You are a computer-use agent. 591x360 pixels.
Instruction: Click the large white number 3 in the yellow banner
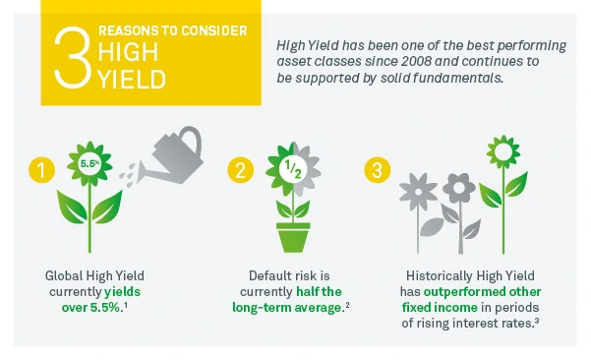tap(73, 58)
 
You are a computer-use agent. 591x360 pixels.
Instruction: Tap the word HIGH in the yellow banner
tap(128, 52)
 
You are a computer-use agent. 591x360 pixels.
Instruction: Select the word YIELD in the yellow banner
tap(132, 79)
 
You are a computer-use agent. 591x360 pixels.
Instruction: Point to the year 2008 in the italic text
tap(415, 61)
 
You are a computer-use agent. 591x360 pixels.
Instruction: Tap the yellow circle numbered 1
tap(42, 169)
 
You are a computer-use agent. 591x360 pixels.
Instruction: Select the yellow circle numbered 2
tap(240, 169)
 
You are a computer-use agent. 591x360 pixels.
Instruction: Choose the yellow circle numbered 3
tap(377, 169)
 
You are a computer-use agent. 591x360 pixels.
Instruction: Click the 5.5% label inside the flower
tap(89, 163)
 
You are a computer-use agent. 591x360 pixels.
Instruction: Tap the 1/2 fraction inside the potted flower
tap(293, 168)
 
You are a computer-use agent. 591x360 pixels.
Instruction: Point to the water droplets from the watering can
tap(128, 175)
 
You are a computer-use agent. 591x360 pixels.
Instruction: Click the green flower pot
tap(293, 237)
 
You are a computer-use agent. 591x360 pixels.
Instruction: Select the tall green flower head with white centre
tap(503, 151)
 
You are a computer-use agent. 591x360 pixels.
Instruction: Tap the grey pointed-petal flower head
tap(418, 192)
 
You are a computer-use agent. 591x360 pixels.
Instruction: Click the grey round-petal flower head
tap(459, 188)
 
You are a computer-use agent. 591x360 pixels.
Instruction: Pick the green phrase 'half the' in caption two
tap(319, 292)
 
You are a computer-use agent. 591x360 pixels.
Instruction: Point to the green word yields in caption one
tap(122, 292)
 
